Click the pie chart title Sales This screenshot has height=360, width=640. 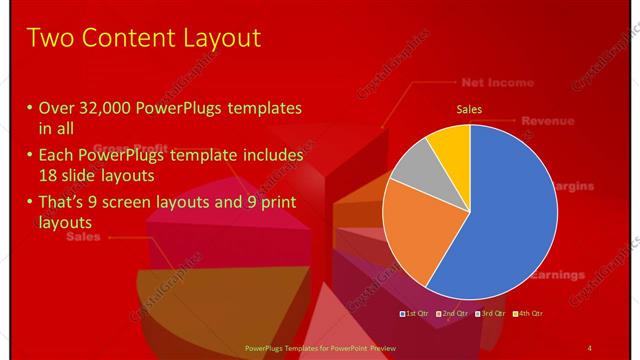pyautogui.click(x=470, y=108)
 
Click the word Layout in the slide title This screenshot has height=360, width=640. pyautogui.click(x=221, y=38)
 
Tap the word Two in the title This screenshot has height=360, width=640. pyautogui.click(x=49, y=38)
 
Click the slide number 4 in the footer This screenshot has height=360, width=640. pyautogui.click(x=590, y=347)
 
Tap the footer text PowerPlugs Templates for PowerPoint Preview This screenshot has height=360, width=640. pyautogui.click(x=315, y=347)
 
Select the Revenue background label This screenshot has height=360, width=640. pyautogui.click(x=547, y=121)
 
